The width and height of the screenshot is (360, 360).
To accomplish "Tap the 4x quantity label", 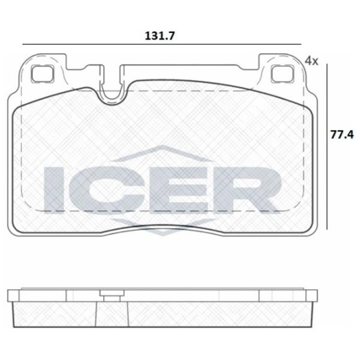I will pos(311,60).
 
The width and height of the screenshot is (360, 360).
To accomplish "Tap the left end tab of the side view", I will pos(14,295).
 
